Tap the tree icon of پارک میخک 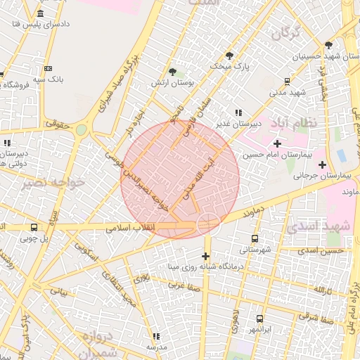pos(229,56)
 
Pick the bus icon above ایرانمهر pos(260,319)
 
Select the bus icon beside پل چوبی pos(34,227)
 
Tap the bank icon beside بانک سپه pos(48,68)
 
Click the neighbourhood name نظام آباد pos(304,122)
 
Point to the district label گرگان pos(289,32)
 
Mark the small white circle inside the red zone pos(207,225)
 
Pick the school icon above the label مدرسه pos(156,337)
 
